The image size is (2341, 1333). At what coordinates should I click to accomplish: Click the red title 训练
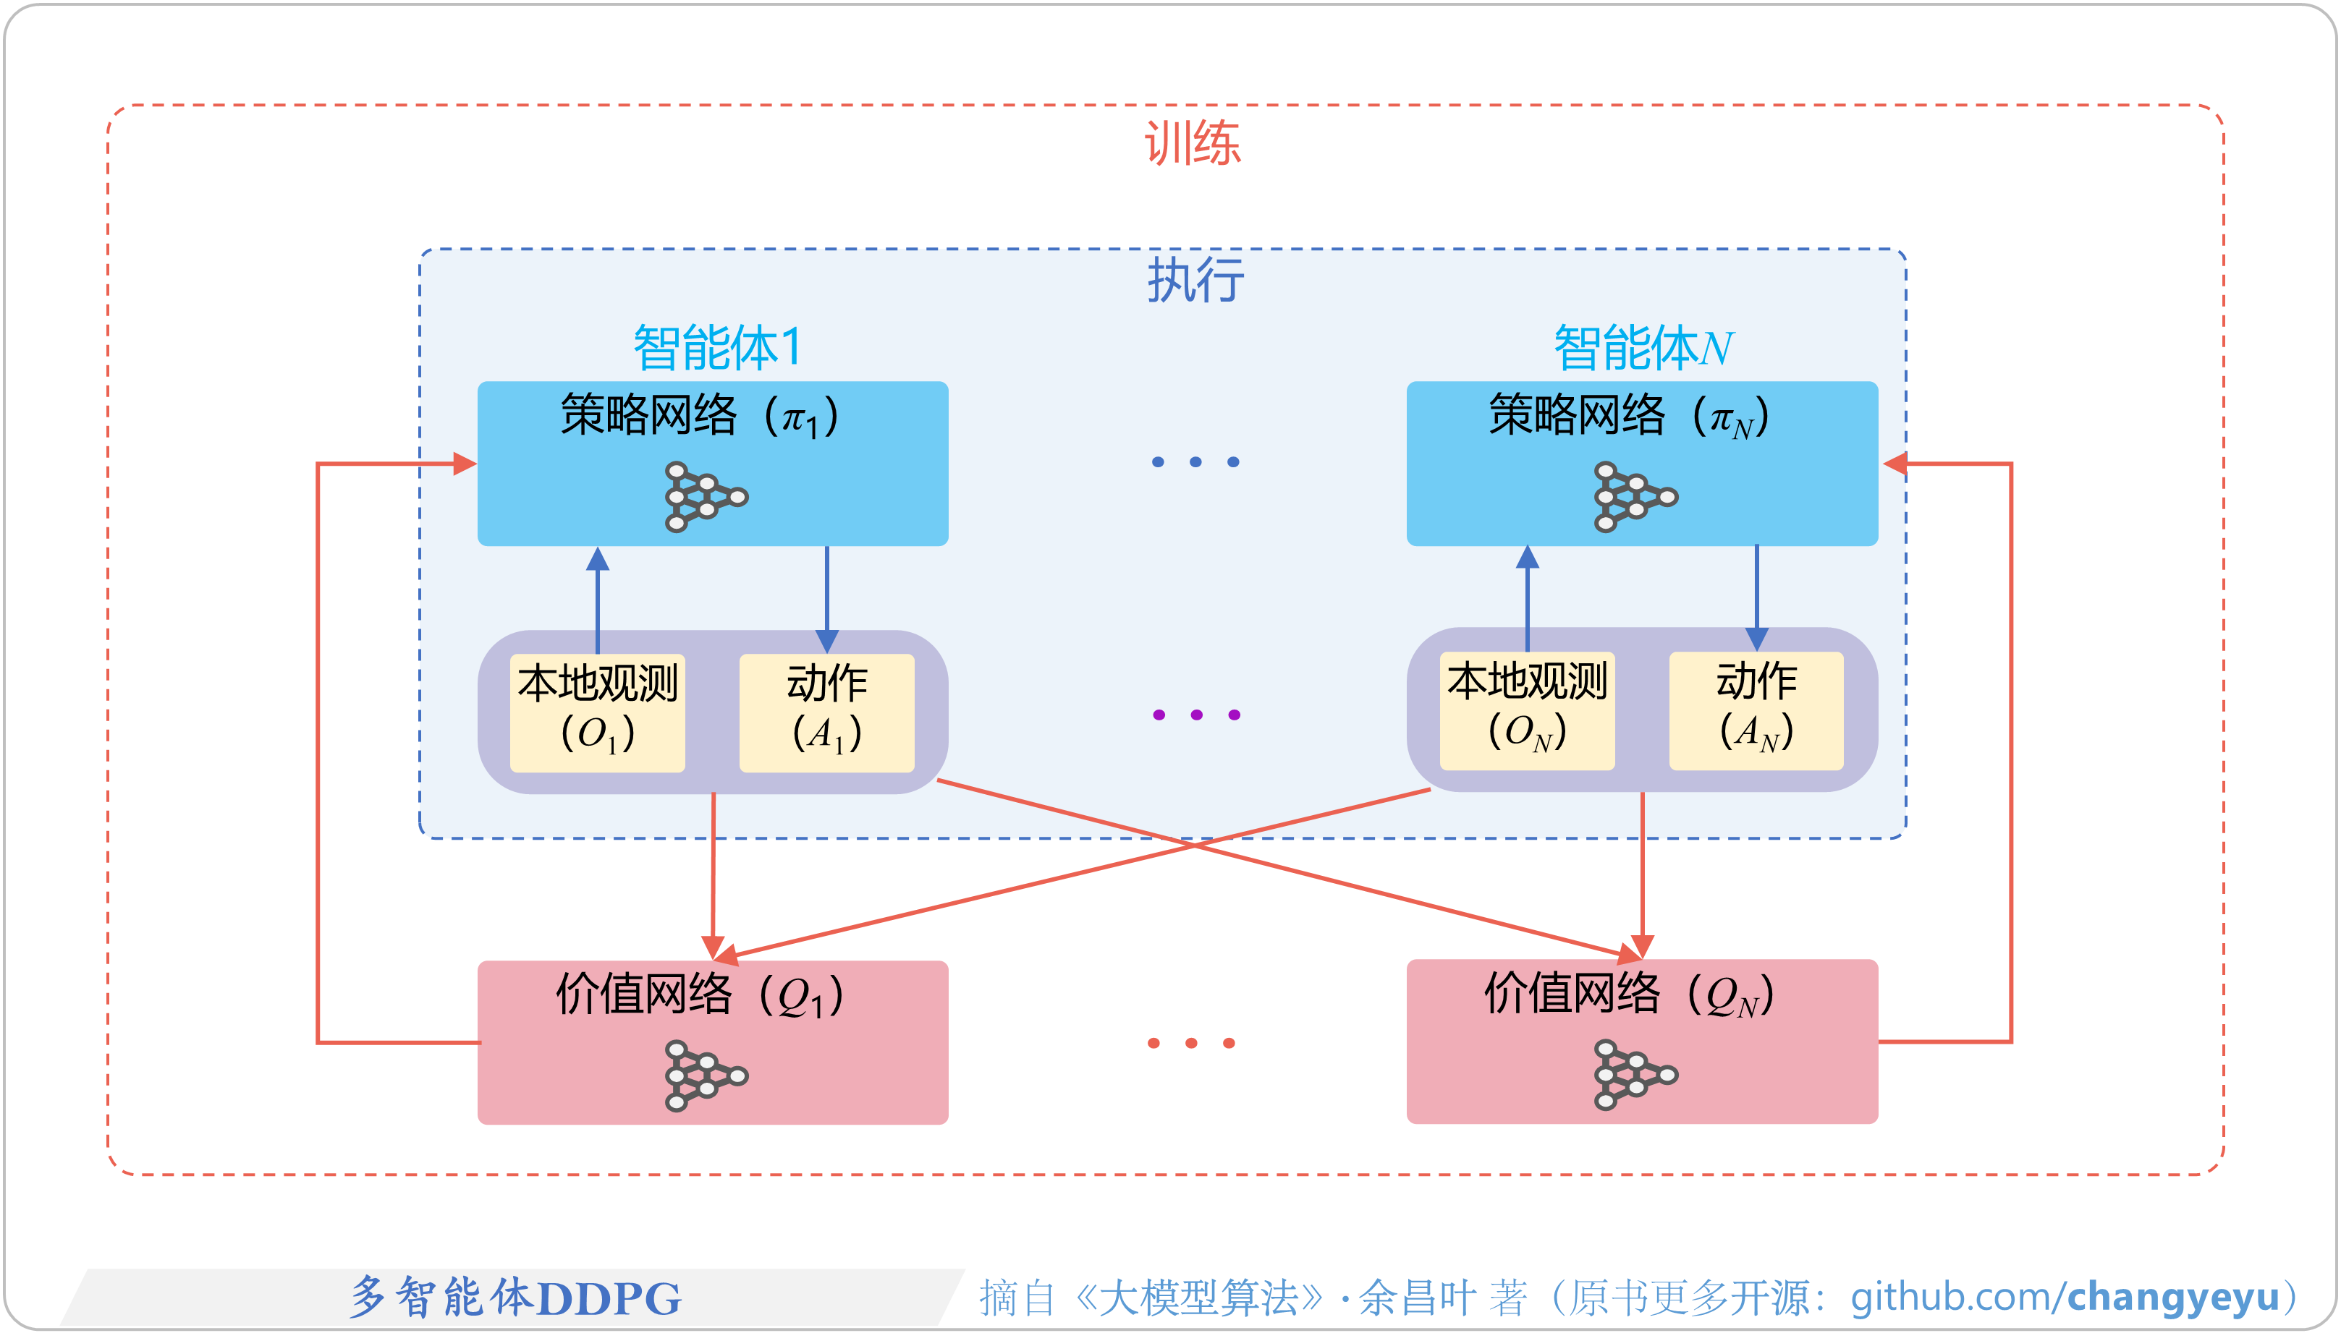click(1193, 144)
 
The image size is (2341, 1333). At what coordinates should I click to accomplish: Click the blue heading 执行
click(1195, 279)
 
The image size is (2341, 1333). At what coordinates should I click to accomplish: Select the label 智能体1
click(717, 347)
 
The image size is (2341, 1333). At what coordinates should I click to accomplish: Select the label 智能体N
click(1643, 348)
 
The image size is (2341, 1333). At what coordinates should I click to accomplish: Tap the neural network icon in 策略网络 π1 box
click(706, 497)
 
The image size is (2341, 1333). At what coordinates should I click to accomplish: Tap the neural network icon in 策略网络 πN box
click(1635, 497)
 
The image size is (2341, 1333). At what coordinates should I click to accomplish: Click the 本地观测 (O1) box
click(597, 712)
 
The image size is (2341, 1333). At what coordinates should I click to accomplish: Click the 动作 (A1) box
click(826, 712)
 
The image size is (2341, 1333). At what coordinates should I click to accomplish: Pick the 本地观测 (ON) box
click(1527, 710)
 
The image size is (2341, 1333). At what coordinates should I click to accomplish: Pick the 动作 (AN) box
click(1756, 710)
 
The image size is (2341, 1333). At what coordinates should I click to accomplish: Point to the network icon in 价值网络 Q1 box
click(706, 1075)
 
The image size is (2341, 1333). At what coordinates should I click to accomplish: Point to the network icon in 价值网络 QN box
click(1635, 1075)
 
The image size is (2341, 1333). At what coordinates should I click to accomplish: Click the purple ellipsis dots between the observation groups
click(1196, 714)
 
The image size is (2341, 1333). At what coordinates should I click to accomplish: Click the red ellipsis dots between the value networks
click(1190, 1043)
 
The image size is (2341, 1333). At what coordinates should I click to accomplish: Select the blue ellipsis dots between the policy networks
click(1195, 461)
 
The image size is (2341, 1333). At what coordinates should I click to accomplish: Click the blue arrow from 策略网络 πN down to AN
click(1756, 595)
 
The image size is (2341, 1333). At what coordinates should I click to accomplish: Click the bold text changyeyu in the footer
click(2172, 1296)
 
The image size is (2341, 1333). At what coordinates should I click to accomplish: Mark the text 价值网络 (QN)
click(1628, 995)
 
